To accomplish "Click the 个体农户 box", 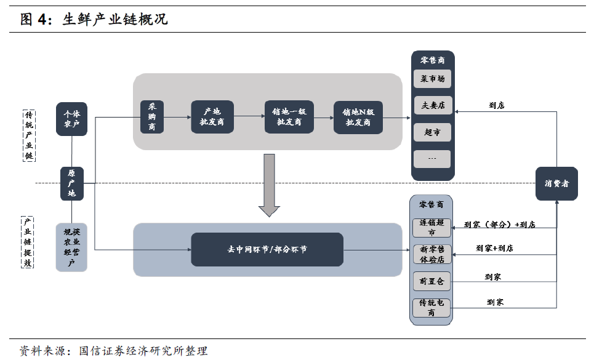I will coord(72,119).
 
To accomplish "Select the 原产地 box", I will coord(72,183).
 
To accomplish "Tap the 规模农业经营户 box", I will coord(71,247).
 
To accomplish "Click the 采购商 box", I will coord(151,117).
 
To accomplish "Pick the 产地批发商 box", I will coord(212,117).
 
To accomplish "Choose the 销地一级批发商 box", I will coord(289,117).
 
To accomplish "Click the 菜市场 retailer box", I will coord(432,79).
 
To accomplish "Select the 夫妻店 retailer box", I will coord(432,105).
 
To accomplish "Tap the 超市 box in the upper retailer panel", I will coord(432,132).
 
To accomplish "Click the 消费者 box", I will coord(556,183).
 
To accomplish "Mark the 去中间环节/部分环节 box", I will coord(267,249).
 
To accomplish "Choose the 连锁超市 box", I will coord(431,228).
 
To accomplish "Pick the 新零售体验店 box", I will coord(431,254).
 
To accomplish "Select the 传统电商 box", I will coord(431,307).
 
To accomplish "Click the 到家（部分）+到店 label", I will coord(499,224).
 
